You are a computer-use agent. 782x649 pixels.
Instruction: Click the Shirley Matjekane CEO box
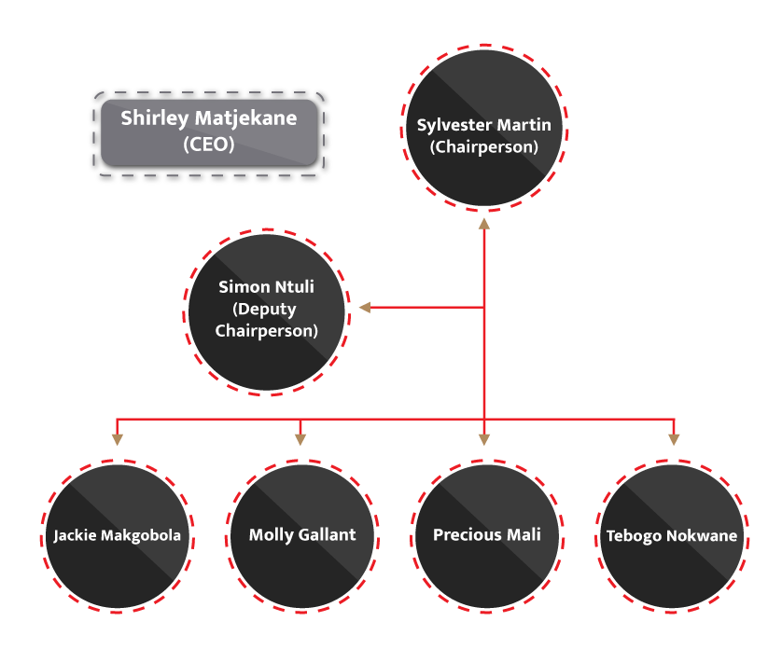208,131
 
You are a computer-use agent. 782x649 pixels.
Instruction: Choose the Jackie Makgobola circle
117,535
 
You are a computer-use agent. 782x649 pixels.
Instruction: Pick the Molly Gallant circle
301,535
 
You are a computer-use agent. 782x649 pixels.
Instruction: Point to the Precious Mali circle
486,535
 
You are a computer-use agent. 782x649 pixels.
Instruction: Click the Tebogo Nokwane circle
671,535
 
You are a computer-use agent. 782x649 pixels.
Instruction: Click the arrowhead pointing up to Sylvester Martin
484,224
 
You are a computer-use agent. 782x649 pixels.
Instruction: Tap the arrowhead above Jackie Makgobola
117,438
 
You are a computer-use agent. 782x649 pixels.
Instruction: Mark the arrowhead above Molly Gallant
300,438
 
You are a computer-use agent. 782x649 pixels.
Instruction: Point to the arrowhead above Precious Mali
484,438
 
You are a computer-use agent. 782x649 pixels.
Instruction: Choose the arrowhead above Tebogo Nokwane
672,438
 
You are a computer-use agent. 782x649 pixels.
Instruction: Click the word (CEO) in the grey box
209,145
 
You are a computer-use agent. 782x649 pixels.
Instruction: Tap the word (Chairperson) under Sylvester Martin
483,146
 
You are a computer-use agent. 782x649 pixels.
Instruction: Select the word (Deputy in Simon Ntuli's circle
267,309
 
